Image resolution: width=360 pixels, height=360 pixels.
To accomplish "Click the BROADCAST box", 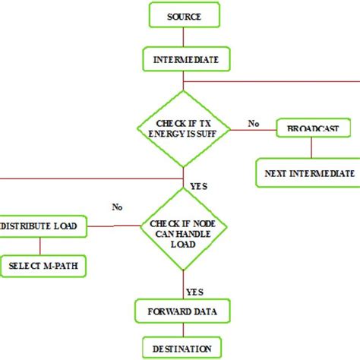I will pyautogui.click(x=313, y=128).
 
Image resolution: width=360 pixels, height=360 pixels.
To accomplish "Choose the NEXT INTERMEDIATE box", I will pyautogui.click(x=308, y=173).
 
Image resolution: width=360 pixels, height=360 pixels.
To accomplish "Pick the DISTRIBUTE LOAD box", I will pyautogui.click(x=43, y=226).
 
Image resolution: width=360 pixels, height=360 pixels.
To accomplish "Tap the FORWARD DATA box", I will pyautogui.click(x=183, y=311).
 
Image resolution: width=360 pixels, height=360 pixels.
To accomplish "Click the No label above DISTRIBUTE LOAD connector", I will pyautogui.click(x=118, y=206).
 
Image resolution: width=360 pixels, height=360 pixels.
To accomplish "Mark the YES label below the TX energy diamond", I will pyautogui.click(x=200, y=185).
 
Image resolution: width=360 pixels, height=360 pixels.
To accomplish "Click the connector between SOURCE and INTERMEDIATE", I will pyautogui.click(x=183, y=36).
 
